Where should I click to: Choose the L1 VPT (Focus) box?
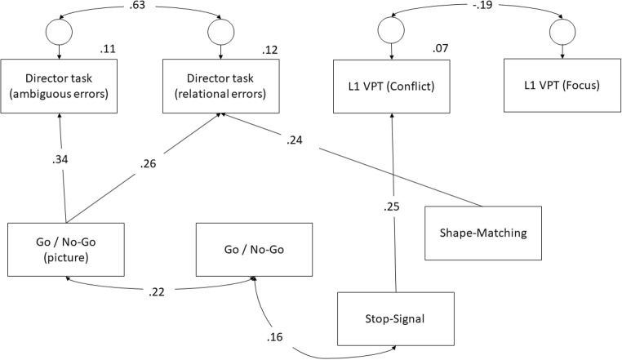pos(561,87)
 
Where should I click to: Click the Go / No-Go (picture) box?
pos(65,247)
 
